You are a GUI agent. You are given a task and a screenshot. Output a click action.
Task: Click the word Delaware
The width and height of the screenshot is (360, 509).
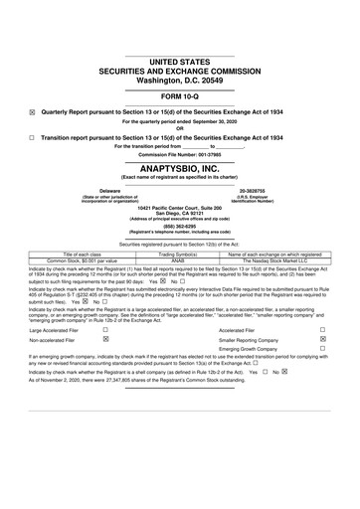[x=102, y=188]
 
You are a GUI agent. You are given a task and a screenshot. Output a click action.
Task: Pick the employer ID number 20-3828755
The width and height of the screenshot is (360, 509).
[x=258, y=188]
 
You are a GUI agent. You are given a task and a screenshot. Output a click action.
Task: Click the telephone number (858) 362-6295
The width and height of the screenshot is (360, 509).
[x=179, y=225]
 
